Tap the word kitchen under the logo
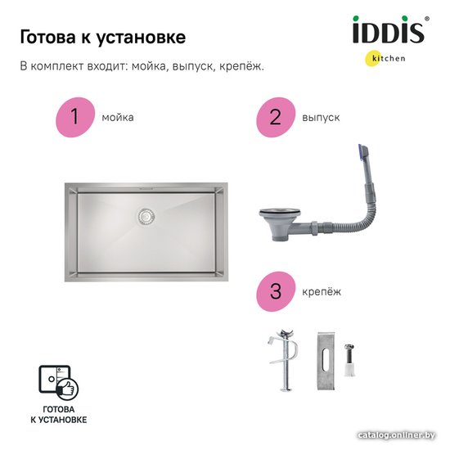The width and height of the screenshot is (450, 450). (x=389, y=58)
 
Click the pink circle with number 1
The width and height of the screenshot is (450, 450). (x=75, y=117)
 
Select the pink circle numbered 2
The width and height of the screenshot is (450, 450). (x=276, y=117)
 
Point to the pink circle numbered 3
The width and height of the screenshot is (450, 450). (x=276, y=291)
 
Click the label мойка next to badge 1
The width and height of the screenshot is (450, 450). (x=118, y=118)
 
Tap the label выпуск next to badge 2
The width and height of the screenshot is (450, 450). (x=321, y=118)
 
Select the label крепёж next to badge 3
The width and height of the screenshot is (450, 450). (x=322, y=292)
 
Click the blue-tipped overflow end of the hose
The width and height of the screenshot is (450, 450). (x=362, y=151)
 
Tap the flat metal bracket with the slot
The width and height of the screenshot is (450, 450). (x=326, y=361)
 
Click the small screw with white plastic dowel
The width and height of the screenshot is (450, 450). (x=349, y=360)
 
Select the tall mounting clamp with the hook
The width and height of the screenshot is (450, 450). (x=284, y=360)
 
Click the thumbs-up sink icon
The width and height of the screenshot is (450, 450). (x=59, y=383)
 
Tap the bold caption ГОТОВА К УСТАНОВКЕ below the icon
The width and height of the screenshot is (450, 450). (x=59, y=415)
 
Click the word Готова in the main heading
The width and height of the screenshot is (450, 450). (x=47, y=37)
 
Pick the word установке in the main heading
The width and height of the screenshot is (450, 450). (x=141, y=38)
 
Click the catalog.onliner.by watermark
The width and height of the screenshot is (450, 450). (x=397, y=435)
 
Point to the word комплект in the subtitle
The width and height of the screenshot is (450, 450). (x=58, y=66)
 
